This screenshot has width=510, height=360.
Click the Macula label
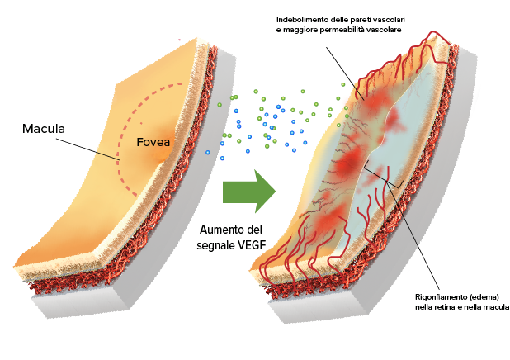pos(44,129)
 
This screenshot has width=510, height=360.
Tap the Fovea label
pos(153,142)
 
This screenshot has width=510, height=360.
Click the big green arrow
pos(249,191)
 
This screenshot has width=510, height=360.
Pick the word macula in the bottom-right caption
pos(498,307)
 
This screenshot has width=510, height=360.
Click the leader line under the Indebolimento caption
pos(345,73)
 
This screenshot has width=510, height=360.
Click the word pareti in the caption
pos(361,20)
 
